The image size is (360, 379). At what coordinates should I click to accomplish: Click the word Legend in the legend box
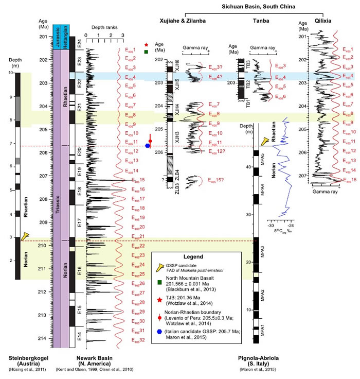tap(194, 256)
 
